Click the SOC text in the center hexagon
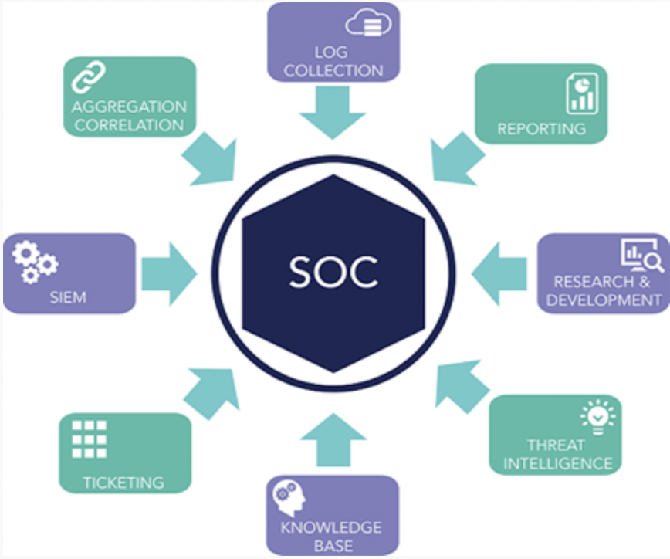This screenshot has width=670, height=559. (333, 272)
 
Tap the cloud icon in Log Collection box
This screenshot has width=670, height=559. (368, 22)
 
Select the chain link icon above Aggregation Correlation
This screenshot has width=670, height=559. (89, 77)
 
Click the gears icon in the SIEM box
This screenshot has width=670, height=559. (35, 262)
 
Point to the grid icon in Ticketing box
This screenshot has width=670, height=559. (89, 439)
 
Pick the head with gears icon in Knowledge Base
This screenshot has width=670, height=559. (289, 497)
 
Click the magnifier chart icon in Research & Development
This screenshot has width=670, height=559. (641, 255)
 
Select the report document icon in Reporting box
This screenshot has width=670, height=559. (582, 93)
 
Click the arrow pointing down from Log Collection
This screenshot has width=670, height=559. (333, 113)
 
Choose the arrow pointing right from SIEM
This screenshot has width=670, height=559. (169, 274)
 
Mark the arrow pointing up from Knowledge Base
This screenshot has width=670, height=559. (333, 440)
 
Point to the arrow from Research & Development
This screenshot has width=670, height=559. (499, 274)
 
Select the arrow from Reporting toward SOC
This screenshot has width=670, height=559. (456, 159)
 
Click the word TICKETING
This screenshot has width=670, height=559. (124, 483)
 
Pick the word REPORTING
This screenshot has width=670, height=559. (541, 129)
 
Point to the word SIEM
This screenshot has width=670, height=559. (69, 297)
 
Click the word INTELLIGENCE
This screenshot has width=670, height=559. (557, 463)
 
